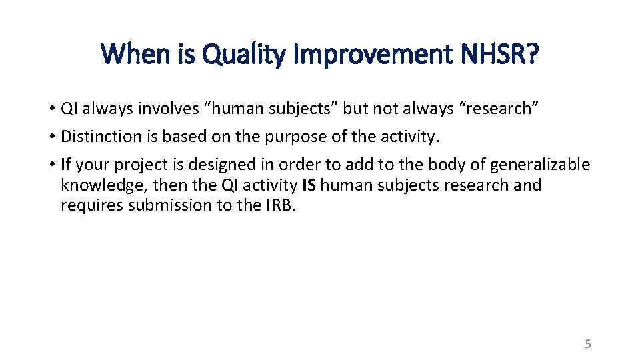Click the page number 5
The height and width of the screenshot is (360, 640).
(587, 344)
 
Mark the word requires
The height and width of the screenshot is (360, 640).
(88, 205)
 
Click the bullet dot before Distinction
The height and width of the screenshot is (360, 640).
(51, 137)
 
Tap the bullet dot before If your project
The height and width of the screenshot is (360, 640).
(51, 164)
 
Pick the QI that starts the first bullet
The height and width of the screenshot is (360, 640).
(69, 109)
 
